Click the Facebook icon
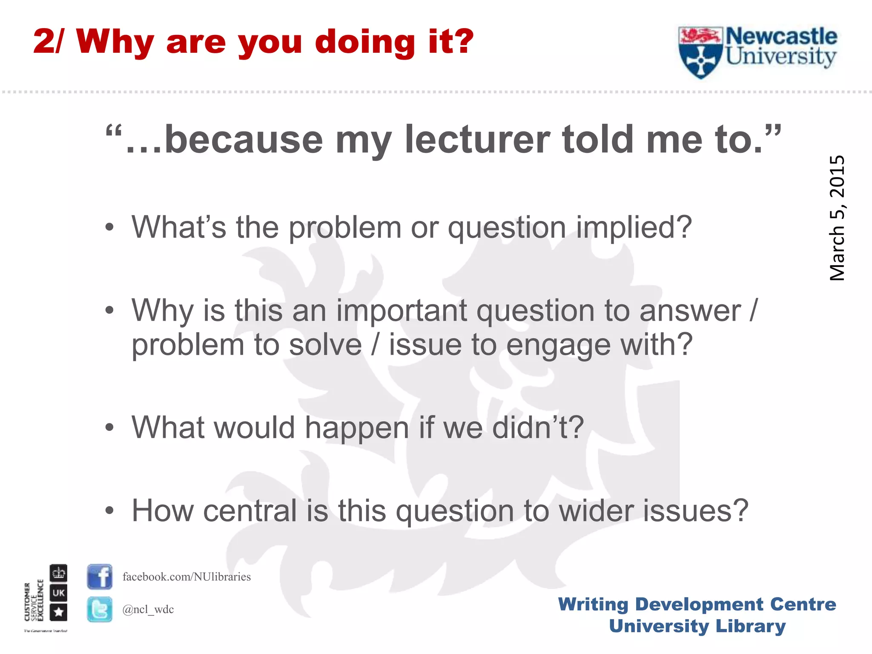tap(100, 577)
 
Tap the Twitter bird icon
tap(100, 609)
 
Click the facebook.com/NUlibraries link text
tap(186, 577)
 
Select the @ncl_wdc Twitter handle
tap(148, 609)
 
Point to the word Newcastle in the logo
tap(781, 37)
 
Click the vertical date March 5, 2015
tap(837, 218)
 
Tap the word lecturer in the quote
tap(477, 140)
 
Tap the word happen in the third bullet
tap(357, 427)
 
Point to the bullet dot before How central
tap(110, 511)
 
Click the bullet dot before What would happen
tap(110, 427)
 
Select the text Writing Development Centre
tap(697, 604)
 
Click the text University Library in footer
tap(697, 626)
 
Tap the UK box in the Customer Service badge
tap(58, 593)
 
